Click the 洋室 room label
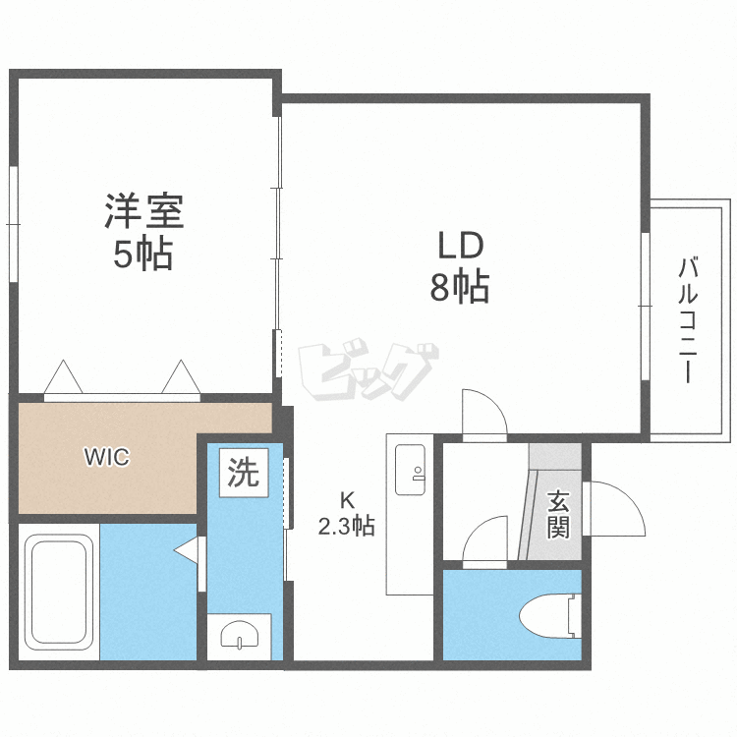click(143, 211)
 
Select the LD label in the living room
click(461, 246)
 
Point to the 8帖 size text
click(460, 286)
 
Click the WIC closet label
click(107, 457)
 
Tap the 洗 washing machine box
click(244, 473)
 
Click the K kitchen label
click(347, 500)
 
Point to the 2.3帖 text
click(347, 526)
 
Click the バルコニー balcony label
click(688, 319)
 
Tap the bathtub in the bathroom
click(59, 592)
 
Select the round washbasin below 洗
click(239, 635)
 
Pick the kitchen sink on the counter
click(411, 470)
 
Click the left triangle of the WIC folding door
click(63, 376)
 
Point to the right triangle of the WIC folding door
click(181, 376)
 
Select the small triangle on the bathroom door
click(187, 550)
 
